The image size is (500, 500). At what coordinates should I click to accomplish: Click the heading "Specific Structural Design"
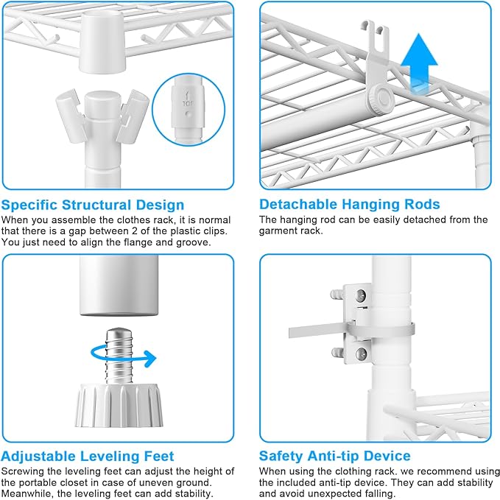93,205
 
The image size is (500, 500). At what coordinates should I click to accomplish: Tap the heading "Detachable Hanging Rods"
350,205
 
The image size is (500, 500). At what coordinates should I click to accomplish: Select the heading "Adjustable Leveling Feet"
88,457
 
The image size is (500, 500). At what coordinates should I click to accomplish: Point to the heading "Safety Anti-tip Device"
334,456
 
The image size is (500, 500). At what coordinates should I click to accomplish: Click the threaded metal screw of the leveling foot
119,356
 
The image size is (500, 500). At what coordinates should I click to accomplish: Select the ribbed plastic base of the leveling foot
119,405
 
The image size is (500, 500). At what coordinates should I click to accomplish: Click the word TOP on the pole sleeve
188,104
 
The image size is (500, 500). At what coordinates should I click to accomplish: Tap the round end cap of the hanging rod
381,99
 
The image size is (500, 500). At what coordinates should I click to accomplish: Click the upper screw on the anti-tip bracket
361,296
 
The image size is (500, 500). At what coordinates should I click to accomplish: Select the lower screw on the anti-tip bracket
361,353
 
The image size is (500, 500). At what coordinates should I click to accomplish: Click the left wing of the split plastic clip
71,116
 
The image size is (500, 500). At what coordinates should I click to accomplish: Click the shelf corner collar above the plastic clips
102,42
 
